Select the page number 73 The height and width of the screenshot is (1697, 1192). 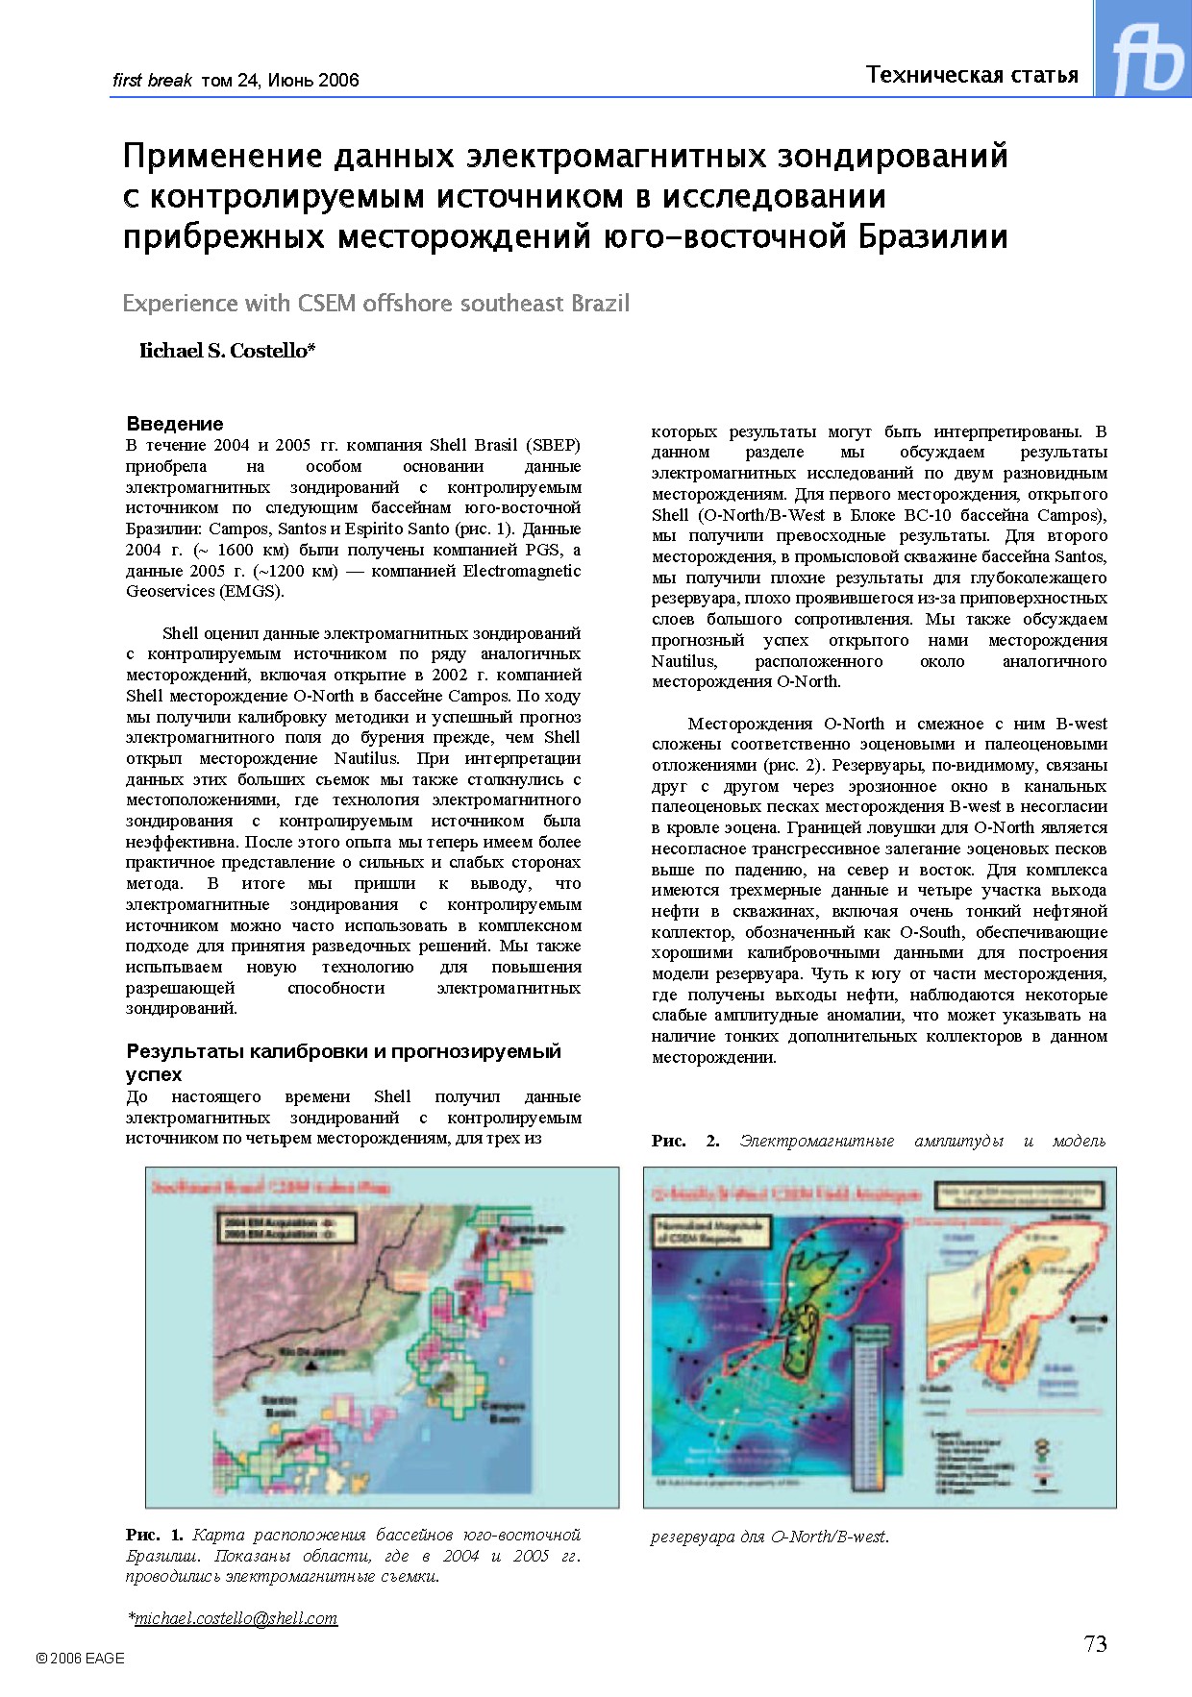click(1095, 1644)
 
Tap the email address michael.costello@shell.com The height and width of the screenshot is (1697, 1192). click(236, 1618)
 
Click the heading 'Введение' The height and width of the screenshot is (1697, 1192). click(175, 424)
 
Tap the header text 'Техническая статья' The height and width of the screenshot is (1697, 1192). click(972, 75)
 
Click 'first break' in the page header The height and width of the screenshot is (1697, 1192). click(152, 81)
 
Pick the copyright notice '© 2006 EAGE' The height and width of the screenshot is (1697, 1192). click(80, 1658)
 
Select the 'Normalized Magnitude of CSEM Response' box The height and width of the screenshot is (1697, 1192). click(711, 1232)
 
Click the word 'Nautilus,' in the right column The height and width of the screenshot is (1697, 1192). click(683, 661)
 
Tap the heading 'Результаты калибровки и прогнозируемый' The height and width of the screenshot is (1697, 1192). click(343, 1051)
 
